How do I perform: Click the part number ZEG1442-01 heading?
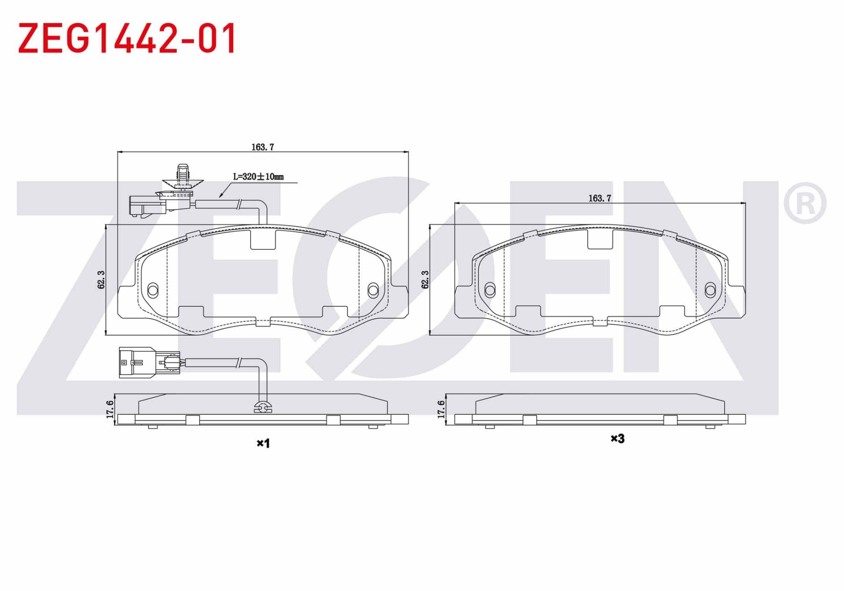(x=127, y=39)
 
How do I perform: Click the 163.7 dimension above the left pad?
(x=262, y=147)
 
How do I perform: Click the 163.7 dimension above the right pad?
(x=600, y=198)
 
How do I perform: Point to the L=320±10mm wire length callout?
(x=258, y=177)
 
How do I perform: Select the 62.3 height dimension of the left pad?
(x=101, y=280)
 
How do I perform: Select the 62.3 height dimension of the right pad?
(x=425, y=280)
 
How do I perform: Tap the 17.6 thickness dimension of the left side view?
(x=110, y=409)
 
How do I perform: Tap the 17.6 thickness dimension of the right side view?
(x=441, y=409)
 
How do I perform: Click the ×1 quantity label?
(x=263, y=443)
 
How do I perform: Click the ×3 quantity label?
(x=618, y=438)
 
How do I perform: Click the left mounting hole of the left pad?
(x=153, y=290)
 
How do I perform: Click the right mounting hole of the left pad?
(x=373, y=290)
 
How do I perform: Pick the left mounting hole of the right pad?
(x=490, y=290)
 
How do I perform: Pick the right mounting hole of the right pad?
(x=710, y=290)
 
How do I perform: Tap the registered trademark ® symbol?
(x=805, y=203)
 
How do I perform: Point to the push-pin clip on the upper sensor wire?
(x=182, y=178)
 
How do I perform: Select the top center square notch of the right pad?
(x=600, y=239)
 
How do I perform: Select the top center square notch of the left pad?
(x=263, y=239)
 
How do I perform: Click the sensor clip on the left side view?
(x=263, y=408)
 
